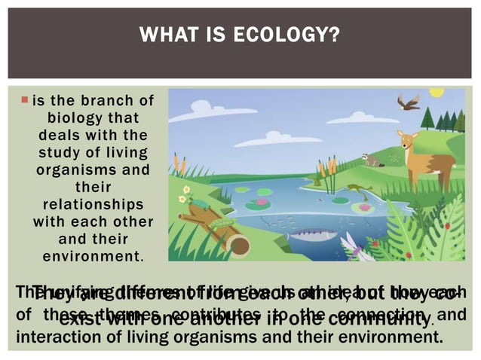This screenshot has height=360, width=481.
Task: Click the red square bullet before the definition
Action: pos(24,99)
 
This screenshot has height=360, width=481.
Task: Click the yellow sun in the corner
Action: pos(437,93)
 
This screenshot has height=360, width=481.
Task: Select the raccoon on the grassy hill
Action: pos(370,159)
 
